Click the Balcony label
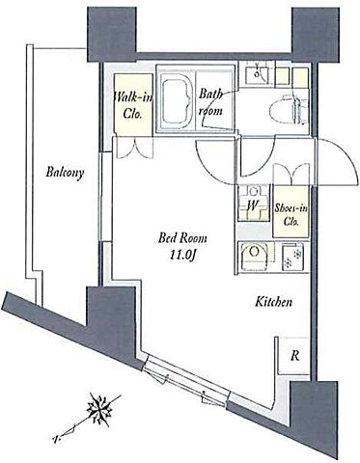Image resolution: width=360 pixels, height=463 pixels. [65, 172]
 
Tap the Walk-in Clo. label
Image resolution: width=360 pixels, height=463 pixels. [133, 104]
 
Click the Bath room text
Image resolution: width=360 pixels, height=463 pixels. [210, 102]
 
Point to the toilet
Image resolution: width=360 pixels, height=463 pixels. [289, 108]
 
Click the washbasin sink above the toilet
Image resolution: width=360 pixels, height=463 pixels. [258, 74]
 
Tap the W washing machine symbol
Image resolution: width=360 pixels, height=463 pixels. [254, 204]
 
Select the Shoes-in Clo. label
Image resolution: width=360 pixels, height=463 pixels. [291, 215]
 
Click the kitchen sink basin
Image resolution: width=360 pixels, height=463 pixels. [255, 255]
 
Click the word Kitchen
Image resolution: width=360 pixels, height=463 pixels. [273, 302]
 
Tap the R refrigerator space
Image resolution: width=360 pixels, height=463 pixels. [294, 356]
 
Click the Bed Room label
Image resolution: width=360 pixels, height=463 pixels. [182, 238]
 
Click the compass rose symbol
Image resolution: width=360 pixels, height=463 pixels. [100, 408]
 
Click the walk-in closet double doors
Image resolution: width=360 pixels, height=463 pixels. [133, 148]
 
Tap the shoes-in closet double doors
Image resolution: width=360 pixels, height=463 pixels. [291, 175]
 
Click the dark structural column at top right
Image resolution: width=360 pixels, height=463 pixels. [316, 34]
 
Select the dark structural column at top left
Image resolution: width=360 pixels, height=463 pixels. [112, 34]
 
